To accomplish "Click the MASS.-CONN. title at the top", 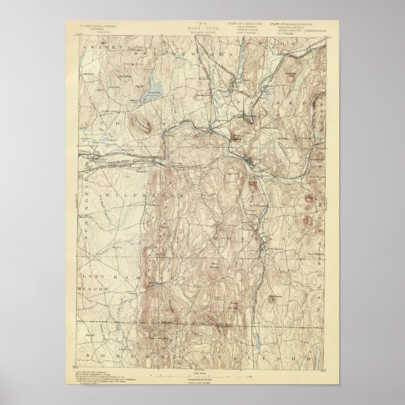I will point(203,29).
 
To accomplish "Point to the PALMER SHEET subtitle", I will point(203,34).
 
